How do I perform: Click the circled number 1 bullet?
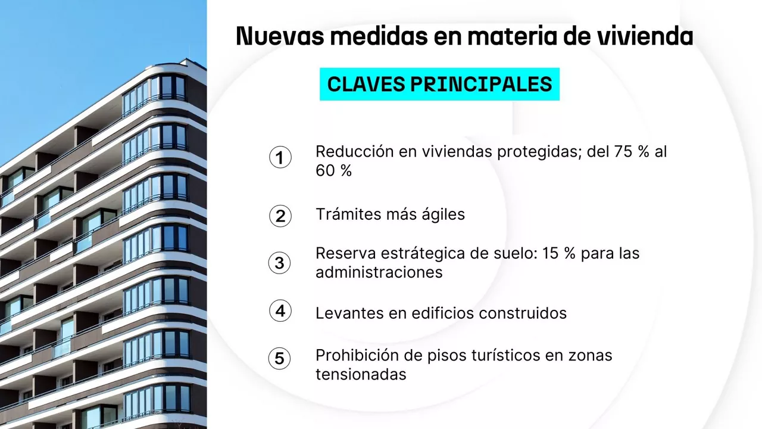pyautogui.click(x=280, y=157)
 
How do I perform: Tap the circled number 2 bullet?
pyautogui.click(x=280, y=216)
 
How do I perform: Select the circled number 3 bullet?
pyautogui.click(x=280, y=263)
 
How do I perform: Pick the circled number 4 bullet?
pyautogui.click(x=280, y=310)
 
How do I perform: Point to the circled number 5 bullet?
pyautogui.click(x=280, y=358)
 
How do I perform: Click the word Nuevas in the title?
pyautogui.click(x=280, y=36)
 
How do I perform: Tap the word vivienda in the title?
pyautogui.click(x=645, y=36)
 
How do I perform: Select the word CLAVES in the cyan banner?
pyautogui.click(x=366, y=84)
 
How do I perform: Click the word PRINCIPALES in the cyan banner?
pyautogui.click(x=482, y=84)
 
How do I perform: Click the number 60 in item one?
pyautogui.click(x=326, y=170)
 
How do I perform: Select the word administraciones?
pyautogui.click(x=379, y=272)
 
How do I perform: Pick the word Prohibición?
pyautogui.click(x=357, y=355)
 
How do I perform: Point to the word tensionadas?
pyautogui.click(x=361, y=374)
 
